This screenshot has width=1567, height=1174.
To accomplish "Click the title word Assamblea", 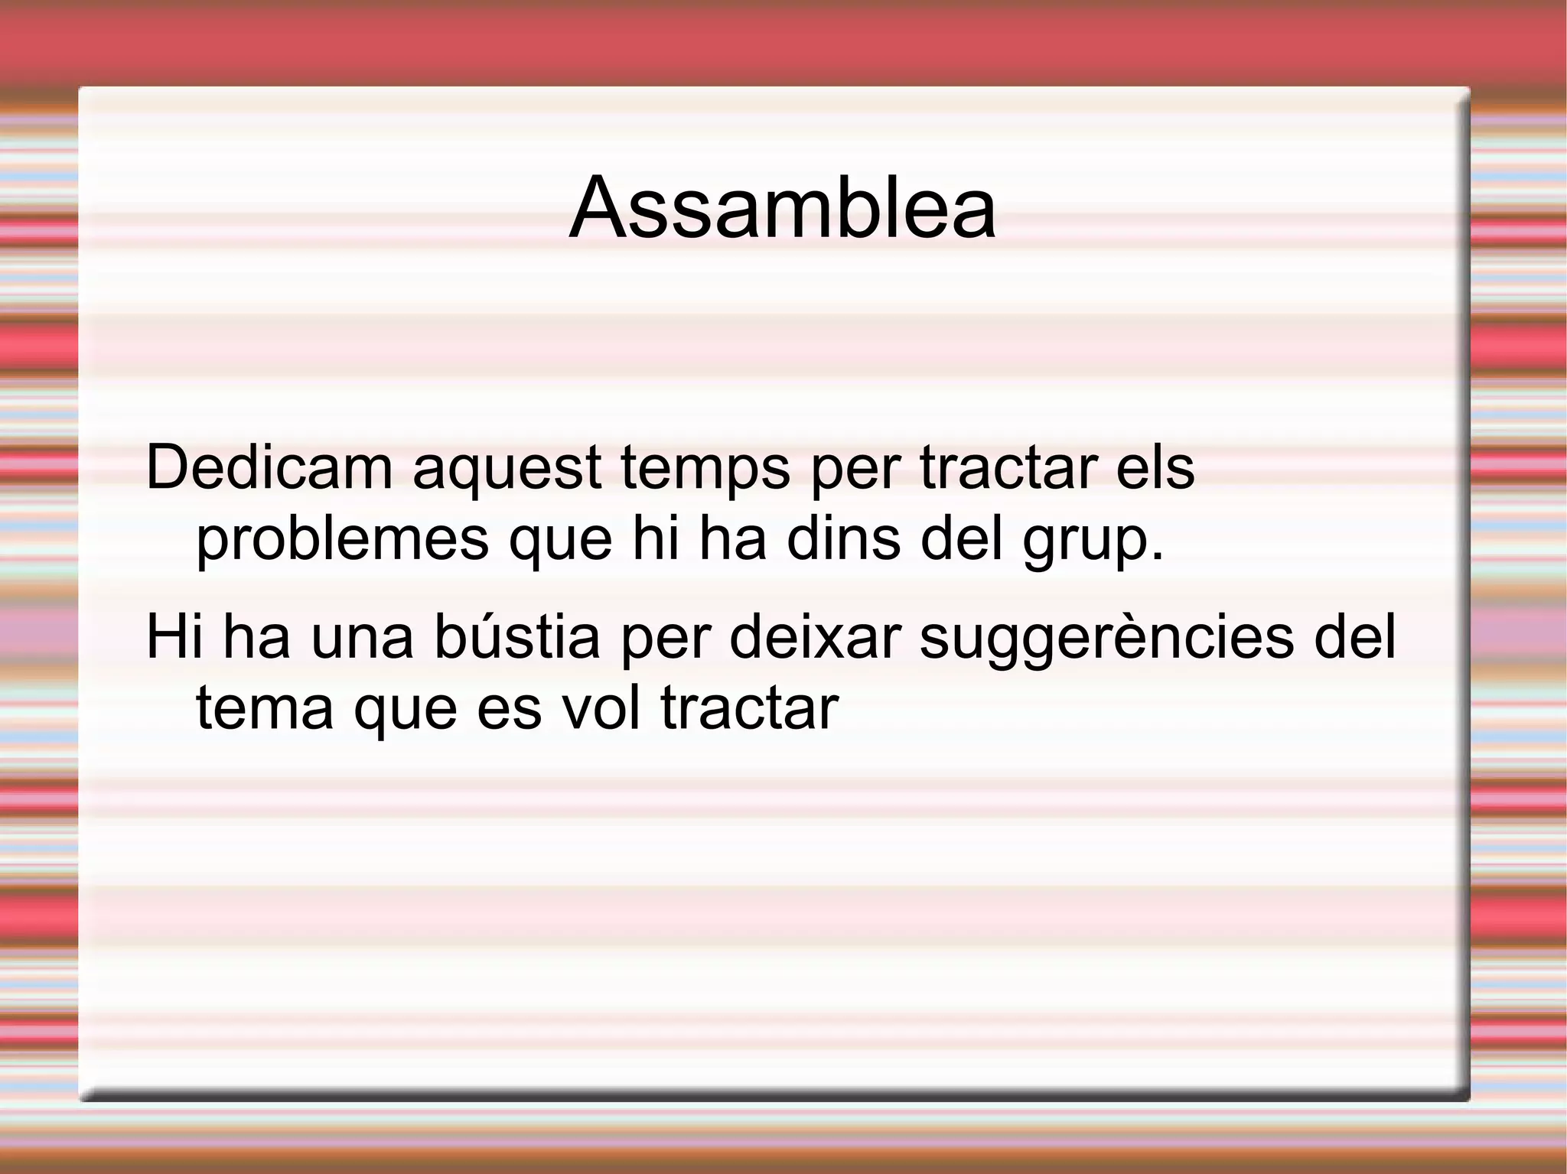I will pos(783,208).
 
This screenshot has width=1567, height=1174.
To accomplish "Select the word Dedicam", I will pos(269,467).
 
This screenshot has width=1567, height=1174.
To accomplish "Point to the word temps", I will pos(705,467).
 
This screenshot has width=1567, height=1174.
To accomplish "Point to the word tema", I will pos(265,708).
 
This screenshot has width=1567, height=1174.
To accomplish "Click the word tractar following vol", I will pos(749,708).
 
